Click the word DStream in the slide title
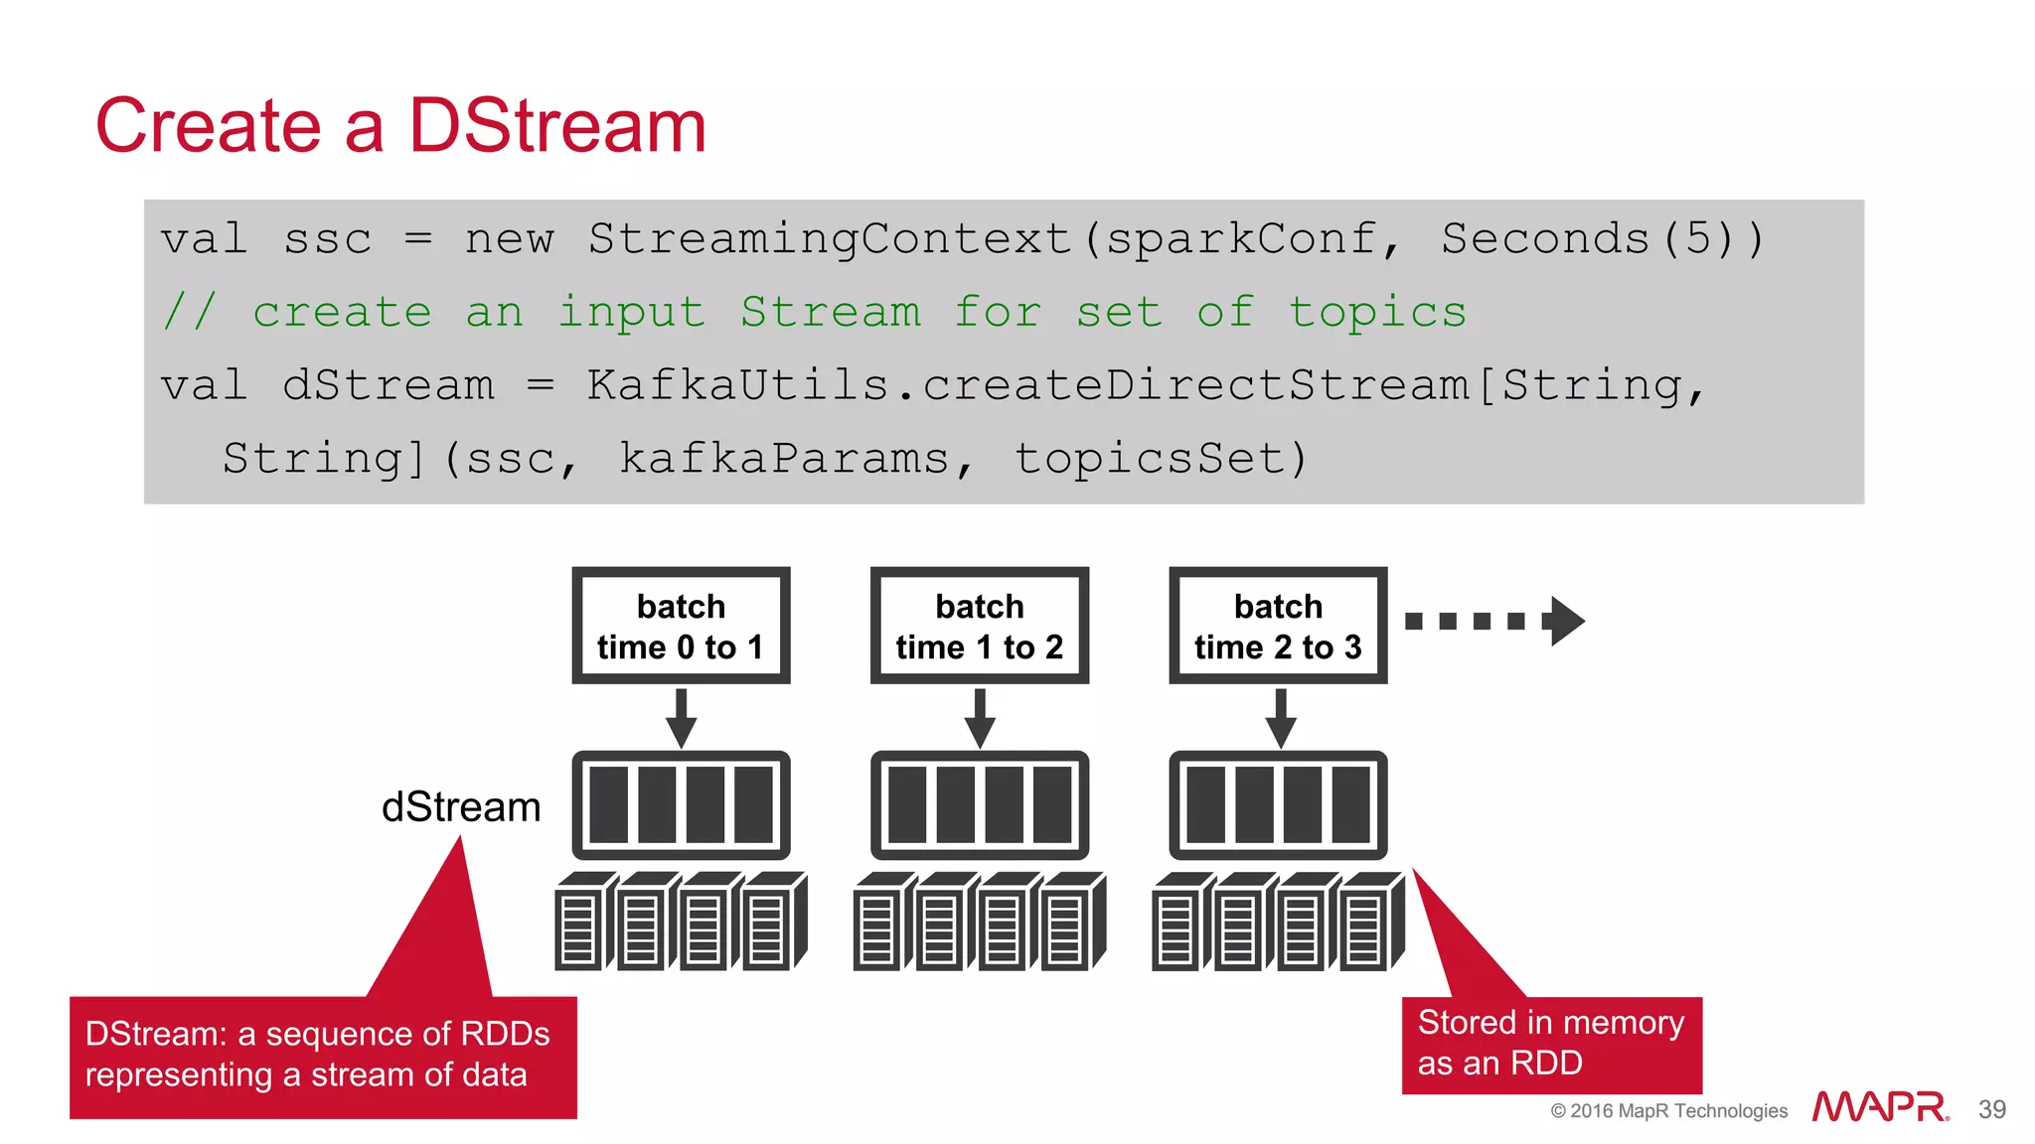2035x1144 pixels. click(556, 126)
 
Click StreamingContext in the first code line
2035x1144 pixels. click(830, 239)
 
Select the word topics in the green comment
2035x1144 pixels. click(1377, 313)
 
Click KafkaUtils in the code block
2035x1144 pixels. click(737, 385)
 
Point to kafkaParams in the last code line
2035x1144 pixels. click(784, 459)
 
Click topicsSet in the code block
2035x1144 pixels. click(1159, 459)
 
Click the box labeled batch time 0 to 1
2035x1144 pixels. click(681, 626)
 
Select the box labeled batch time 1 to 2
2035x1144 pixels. click(980, 626)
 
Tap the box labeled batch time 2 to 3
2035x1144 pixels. click(1278, 626)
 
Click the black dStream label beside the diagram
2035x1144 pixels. click(461, 807)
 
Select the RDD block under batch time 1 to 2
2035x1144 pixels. click(980, 805)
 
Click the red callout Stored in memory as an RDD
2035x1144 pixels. click(1550, 1044)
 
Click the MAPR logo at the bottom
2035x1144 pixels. click(1879, 1107)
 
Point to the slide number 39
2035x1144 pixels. click(1991, 1109)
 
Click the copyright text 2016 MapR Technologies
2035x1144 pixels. click(1669, 1110)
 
